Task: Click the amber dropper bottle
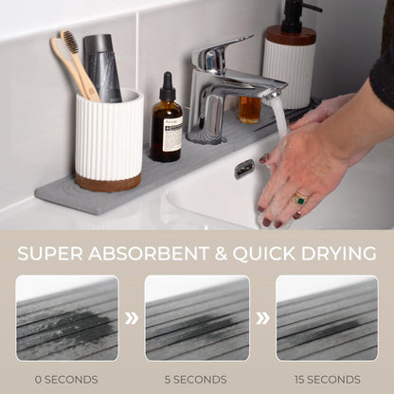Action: (167, 127)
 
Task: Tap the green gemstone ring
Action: (301, 199)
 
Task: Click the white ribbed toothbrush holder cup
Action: (108, 136)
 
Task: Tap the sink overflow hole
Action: (244, 169)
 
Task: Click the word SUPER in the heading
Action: (59, 253)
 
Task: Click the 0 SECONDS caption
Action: (67, 378)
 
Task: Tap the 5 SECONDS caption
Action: (197, 378)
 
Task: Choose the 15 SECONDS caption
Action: (326, 378)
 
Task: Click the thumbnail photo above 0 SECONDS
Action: (67, 317)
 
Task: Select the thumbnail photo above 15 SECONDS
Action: (326, 317)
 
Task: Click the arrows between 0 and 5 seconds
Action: (132, 318)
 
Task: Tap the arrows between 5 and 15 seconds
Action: (262, 318)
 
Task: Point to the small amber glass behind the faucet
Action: (249, 110)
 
